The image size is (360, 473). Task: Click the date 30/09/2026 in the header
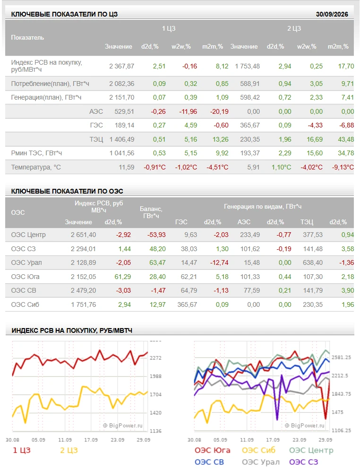point(332,14)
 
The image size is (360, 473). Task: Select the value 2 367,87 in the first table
point(122,66)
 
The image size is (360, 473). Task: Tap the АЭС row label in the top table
point(96,111)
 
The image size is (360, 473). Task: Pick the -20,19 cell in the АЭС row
point(219,111)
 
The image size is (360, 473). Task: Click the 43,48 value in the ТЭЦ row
point(346,139)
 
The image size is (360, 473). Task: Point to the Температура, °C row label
point(36,167)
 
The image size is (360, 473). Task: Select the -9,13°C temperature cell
point(343,167)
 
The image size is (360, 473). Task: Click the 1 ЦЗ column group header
point(169,29)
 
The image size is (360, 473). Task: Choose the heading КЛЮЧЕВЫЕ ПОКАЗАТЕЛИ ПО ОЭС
point(67,191)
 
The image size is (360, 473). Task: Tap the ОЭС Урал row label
point(26,262)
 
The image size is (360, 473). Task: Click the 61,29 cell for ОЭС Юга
point(123,277)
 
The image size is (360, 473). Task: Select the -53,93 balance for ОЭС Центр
point(156,235)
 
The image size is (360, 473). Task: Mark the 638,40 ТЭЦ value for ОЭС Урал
point(313,262)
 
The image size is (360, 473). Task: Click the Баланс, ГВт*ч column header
point(151,212)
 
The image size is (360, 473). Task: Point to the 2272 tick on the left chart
point(155,358)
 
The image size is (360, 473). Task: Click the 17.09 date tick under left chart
point(91,440)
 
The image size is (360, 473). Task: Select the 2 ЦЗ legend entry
point(69,450)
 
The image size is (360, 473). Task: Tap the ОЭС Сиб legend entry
point(258,450)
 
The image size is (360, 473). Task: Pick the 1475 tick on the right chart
point(337,412)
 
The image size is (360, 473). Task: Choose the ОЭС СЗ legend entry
point(303,462)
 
